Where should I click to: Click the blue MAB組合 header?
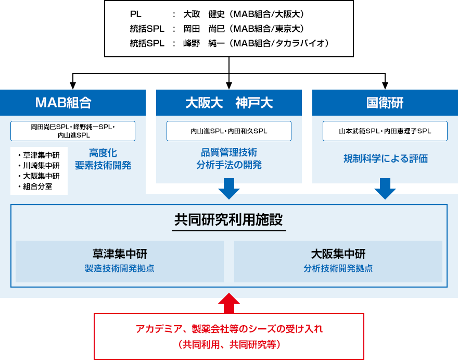point(72,103)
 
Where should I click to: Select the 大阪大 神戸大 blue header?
point(228,103)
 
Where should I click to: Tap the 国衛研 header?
point(385,103)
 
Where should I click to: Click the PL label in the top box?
point(135,14)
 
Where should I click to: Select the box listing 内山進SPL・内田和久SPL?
point(228,131)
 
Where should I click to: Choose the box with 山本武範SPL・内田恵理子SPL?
point(385,131)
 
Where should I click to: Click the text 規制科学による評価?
point(385,158)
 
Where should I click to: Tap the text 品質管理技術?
point(229,153)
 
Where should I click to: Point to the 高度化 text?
point(103,153)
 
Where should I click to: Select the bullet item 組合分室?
point(37,186)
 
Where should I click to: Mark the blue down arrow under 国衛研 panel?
point(385,189)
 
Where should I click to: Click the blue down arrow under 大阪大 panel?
point(228,189)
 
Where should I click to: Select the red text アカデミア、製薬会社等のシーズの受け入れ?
point(229,329)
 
